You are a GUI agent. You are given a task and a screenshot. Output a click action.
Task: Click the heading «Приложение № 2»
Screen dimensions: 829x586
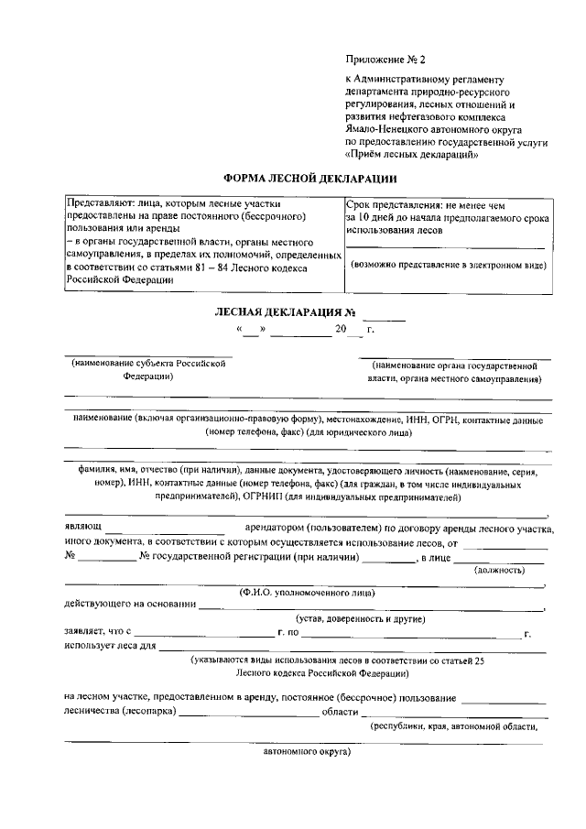point(385,60)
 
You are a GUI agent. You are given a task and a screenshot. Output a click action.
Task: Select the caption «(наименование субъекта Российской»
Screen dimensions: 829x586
point(148,364)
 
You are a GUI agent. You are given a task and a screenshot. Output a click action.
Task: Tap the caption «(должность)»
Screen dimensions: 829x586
point(499,570)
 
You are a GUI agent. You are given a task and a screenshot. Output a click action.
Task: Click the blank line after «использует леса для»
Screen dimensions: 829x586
point(353,646)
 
